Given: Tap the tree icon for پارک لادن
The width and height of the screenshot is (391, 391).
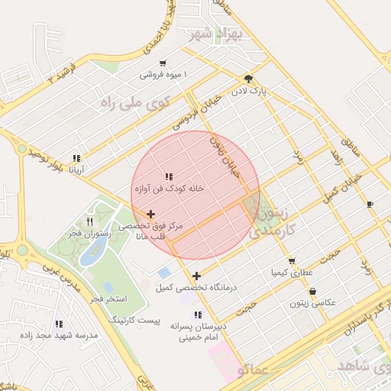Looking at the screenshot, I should click(247, 79).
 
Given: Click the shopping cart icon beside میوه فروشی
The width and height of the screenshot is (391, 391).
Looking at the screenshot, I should click(163, 63).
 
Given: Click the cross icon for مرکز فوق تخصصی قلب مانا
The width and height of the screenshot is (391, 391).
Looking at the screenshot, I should click(150, 215).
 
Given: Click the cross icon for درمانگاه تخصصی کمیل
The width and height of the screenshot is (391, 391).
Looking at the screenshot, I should click(197, 276).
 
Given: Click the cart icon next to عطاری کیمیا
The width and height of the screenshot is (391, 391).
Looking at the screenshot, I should click(292, 262).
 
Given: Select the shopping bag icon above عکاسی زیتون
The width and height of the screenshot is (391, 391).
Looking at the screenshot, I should click(313, 291).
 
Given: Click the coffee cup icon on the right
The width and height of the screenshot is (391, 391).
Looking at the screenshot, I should click(370, 204).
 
